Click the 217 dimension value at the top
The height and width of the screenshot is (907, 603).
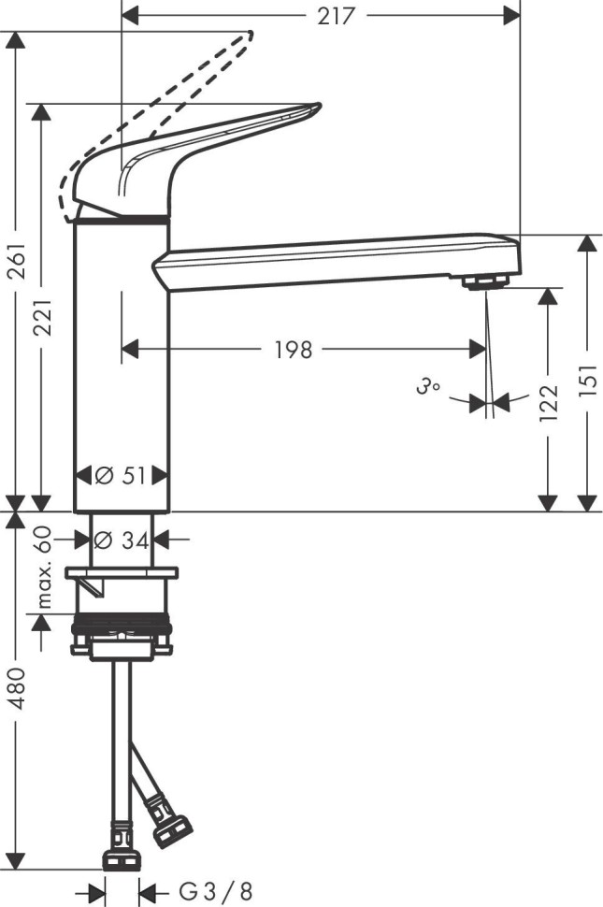tap(336, 16)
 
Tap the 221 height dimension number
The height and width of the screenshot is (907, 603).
tap(43, 316)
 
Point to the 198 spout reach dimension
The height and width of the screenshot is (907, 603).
tap(294, 350)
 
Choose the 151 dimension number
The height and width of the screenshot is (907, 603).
tap(587, 380)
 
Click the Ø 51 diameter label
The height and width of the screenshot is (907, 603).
tap(121, 476)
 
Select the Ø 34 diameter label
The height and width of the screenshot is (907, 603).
tap(122, 540)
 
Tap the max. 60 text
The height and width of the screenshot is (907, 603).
tap(44, 567)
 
